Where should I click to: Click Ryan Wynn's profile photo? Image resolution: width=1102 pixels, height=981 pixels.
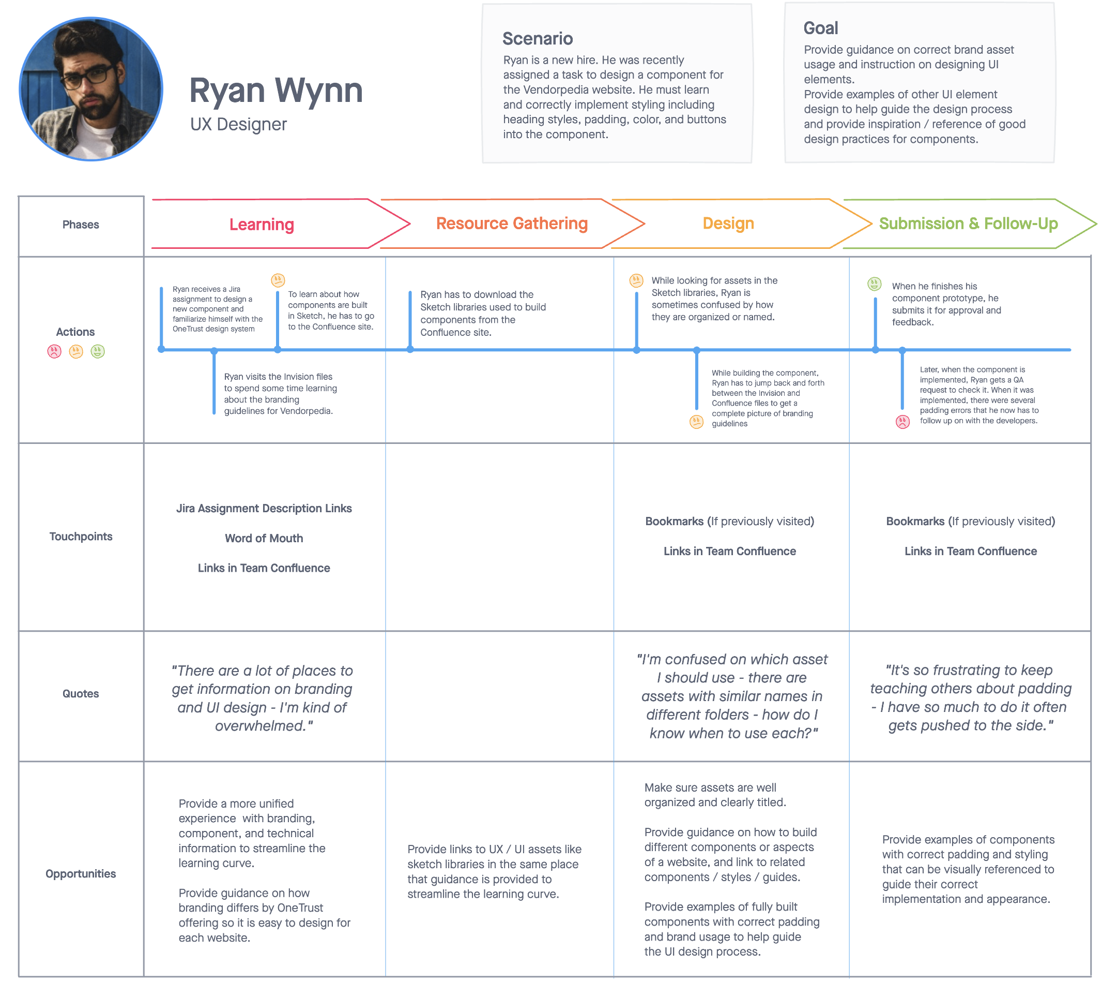point(90,89)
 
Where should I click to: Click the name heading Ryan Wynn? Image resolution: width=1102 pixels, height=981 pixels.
point(275,90)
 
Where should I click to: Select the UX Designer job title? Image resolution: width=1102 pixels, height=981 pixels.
point(238,124)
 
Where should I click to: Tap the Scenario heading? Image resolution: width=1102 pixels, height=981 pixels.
point(538,38)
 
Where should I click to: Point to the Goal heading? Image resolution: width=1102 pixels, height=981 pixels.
point(821,28)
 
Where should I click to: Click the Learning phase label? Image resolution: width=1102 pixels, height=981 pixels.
point(262,224)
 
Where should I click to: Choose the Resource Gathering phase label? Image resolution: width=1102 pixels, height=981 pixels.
point(512,223)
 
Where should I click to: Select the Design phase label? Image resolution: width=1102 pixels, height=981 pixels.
point(728,223)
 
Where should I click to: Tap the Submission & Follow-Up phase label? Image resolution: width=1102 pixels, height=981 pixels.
point(968,223)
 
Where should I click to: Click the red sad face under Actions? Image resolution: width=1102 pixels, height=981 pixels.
point(54,351)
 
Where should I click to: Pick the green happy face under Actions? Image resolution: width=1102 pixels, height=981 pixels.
point(98,351)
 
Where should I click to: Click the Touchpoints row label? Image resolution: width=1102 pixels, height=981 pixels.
point(81,537)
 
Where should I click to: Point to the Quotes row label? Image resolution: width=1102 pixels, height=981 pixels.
point(80,693)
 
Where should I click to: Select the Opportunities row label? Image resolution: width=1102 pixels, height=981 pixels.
point(80,873)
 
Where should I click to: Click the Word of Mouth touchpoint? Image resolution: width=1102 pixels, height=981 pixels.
point(264,538)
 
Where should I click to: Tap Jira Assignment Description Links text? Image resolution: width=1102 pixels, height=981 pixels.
point(264,508)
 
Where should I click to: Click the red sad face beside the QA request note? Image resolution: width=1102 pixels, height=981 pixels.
point(902,422)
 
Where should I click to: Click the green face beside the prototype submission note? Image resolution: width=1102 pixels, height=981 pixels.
point(874,284)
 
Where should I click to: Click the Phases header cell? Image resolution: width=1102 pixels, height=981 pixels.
point(81,226)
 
